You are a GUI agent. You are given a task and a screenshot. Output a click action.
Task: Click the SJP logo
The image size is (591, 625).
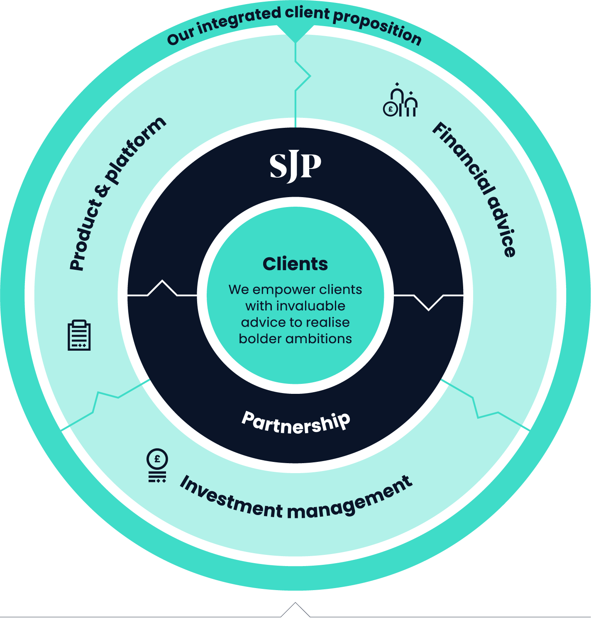click(295, 167)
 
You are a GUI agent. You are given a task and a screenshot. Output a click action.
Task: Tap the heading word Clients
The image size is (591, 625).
click(295, 264)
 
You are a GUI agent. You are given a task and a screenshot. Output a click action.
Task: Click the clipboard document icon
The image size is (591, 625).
click(79, 335)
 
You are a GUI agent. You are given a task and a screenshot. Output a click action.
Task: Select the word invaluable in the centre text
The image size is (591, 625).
click(311, 306)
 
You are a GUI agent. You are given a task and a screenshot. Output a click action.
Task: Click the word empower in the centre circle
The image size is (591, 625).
click(284, 289)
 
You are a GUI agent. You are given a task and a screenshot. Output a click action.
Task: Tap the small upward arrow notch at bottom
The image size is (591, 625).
click(295, 610)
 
